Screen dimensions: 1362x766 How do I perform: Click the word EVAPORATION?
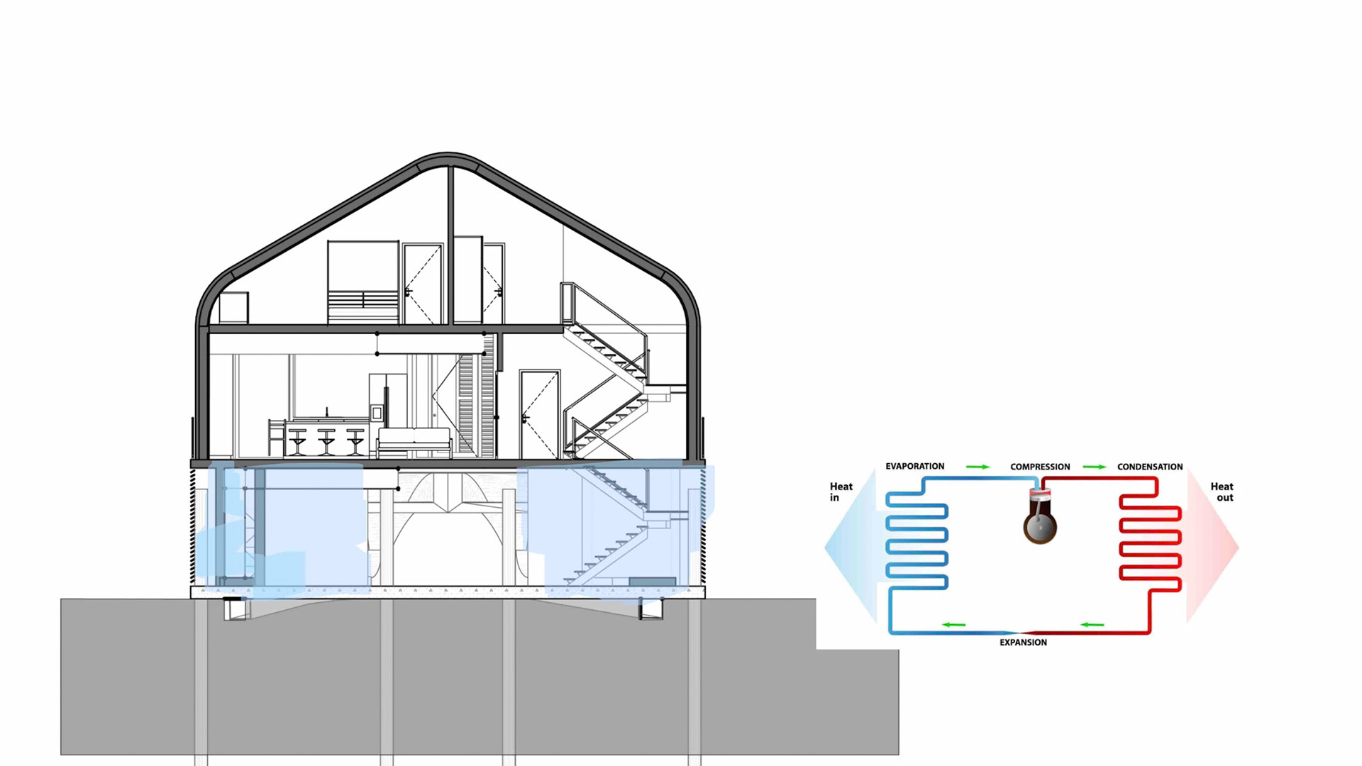914,466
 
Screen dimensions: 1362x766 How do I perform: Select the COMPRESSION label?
1040,467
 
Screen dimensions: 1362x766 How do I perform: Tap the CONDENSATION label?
1149,467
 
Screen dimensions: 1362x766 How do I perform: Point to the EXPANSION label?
1023,643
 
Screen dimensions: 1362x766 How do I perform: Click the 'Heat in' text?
841,492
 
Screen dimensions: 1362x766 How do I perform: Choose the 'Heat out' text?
1222,492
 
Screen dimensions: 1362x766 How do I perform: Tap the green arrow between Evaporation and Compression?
978,467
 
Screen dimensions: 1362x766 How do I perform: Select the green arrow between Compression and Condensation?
1094,467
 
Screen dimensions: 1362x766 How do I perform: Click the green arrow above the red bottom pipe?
1092,625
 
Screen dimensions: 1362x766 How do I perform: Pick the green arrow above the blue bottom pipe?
953,625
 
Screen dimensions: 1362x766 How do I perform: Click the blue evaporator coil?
917,546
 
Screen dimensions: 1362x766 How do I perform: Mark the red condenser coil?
1150,546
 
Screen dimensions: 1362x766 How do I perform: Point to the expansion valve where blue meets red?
1021,632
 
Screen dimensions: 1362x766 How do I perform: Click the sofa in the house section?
414,443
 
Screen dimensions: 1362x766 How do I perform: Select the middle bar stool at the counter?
326,441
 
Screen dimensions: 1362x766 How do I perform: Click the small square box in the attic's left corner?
233,308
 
